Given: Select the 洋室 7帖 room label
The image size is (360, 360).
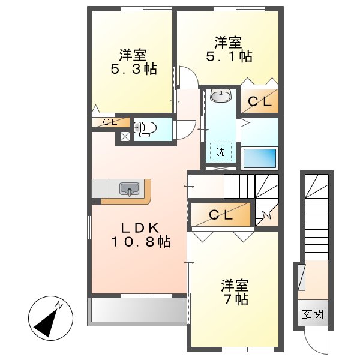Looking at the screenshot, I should tap(234, 292).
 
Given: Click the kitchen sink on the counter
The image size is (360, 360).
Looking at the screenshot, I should tap(129, 189).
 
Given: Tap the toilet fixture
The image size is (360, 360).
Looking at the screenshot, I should tap(146, 128).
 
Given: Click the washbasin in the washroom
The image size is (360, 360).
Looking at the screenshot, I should tap(221, 95).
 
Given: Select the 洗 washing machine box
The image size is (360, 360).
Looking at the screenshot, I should tap(220, 152).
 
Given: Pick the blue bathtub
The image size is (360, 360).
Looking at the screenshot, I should tap(259, 158).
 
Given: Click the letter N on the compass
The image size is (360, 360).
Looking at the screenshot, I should tap(60, 306).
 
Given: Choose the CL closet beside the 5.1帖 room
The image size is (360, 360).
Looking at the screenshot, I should tap(259, 101).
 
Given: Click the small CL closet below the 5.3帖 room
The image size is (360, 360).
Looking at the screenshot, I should tap(110, 122).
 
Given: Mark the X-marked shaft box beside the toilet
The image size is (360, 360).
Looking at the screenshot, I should tap(125, 136).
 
